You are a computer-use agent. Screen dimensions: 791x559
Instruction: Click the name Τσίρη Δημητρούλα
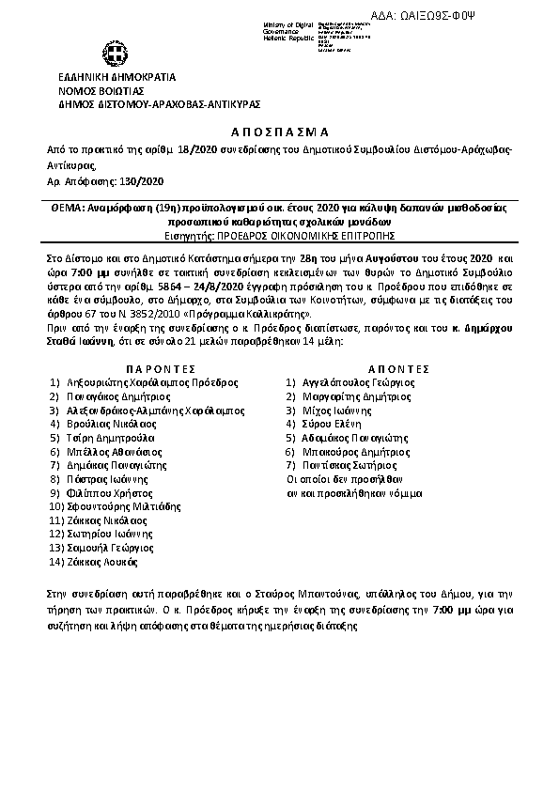tap(111, 438)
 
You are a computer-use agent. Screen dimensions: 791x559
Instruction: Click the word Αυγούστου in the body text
tap(386, 256)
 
